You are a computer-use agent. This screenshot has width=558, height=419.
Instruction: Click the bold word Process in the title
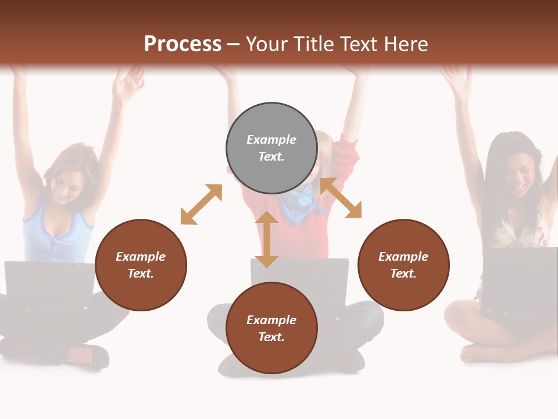click(x=183, y=44)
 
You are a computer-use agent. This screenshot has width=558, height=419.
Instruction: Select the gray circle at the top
click(x=271, y=148)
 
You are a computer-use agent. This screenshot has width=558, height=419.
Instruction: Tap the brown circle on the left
click(x=141, y=265)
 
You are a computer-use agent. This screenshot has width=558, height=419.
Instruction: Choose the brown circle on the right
click(x=403, y=265)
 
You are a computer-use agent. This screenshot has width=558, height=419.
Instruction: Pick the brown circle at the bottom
click(x=271, y=328)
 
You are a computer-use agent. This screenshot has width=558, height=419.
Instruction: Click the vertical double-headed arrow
click(x=267, y=240)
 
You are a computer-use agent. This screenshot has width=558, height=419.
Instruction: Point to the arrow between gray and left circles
click(x=201, y=204)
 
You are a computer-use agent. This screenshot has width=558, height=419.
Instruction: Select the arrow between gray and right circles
click(x=341, y=198)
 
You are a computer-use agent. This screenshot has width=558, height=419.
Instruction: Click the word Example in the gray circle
click(x=271, y=140)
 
